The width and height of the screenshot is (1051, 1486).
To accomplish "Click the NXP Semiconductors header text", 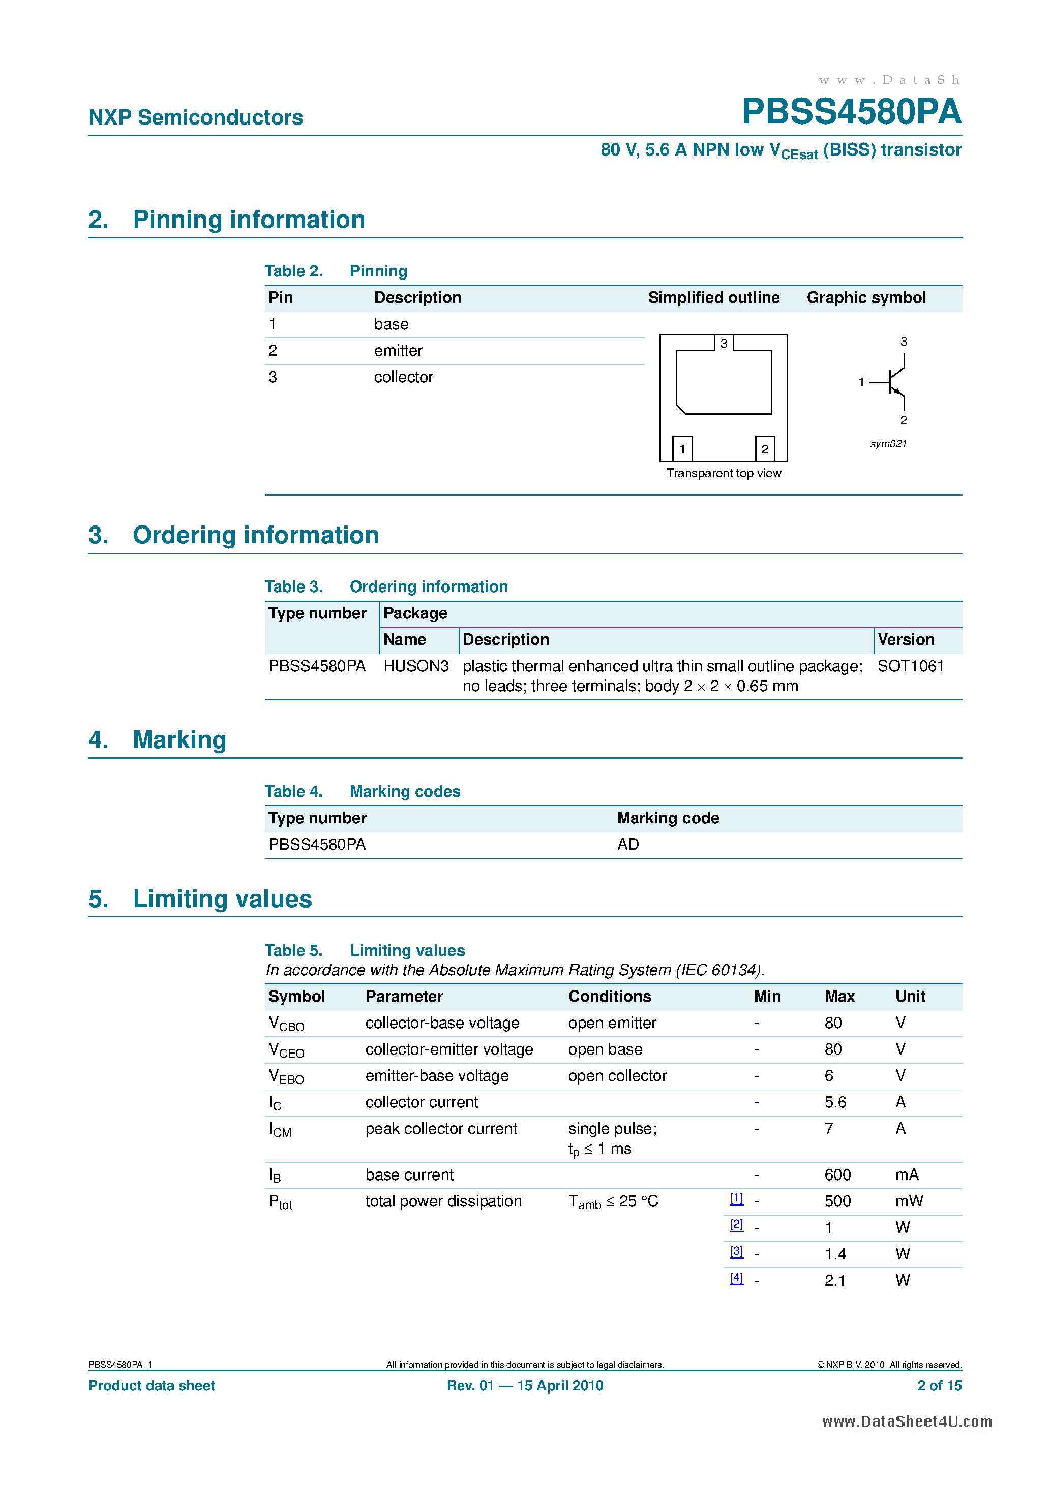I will click(196, 117).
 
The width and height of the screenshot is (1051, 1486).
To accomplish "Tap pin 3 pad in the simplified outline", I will click(724, 343).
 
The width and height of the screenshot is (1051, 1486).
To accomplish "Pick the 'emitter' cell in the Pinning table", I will click(398, 351).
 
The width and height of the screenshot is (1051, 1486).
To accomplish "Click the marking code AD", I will click(627, 844).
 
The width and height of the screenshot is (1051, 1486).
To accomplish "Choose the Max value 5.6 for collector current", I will click(835, 1102).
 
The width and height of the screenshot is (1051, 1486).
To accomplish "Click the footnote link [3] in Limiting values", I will click(736, 1252).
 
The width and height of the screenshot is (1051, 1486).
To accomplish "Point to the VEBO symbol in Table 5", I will click(286, 1076).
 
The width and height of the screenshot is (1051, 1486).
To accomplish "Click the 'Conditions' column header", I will click(609, 996).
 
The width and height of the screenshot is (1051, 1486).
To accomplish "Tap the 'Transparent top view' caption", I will click(724, 473).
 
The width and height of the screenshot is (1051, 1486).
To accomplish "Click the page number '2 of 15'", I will click(939, 1386).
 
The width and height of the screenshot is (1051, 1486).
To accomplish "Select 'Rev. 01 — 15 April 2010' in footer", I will click(525, 1386).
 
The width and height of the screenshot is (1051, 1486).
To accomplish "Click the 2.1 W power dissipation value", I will click(835, 1280).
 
